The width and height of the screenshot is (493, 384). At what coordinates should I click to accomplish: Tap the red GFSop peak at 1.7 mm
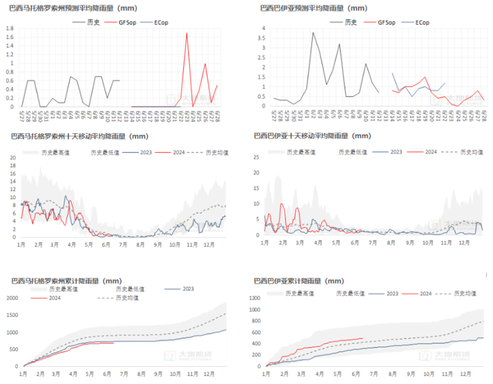point(187,33)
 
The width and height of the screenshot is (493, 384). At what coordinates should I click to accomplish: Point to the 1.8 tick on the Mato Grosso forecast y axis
point(10,28)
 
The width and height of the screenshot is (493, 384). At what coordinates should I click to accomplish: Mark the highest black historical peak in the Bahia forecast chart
point(313,32)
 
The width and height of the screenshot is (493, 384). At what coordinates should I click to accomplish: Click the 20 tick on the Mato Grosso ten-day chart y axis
point(13,157)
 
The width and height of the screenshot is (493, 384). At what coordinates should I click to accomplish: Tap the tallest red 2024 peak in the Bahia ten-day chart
point(282,203)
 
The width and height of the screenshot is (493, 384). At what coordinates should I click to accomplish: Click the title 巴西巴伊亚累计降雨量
point(299,281)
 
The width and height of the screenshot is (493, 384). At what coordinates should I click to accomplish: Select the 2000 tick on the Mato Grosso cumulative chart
point(14,298)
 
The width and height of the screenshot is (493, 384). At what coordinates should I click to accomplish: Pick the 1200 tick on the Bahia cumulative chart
point(254,298)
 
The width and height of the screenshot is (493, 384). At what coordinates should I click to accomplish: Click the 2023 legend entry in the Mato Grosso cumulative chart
point(188,289)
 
